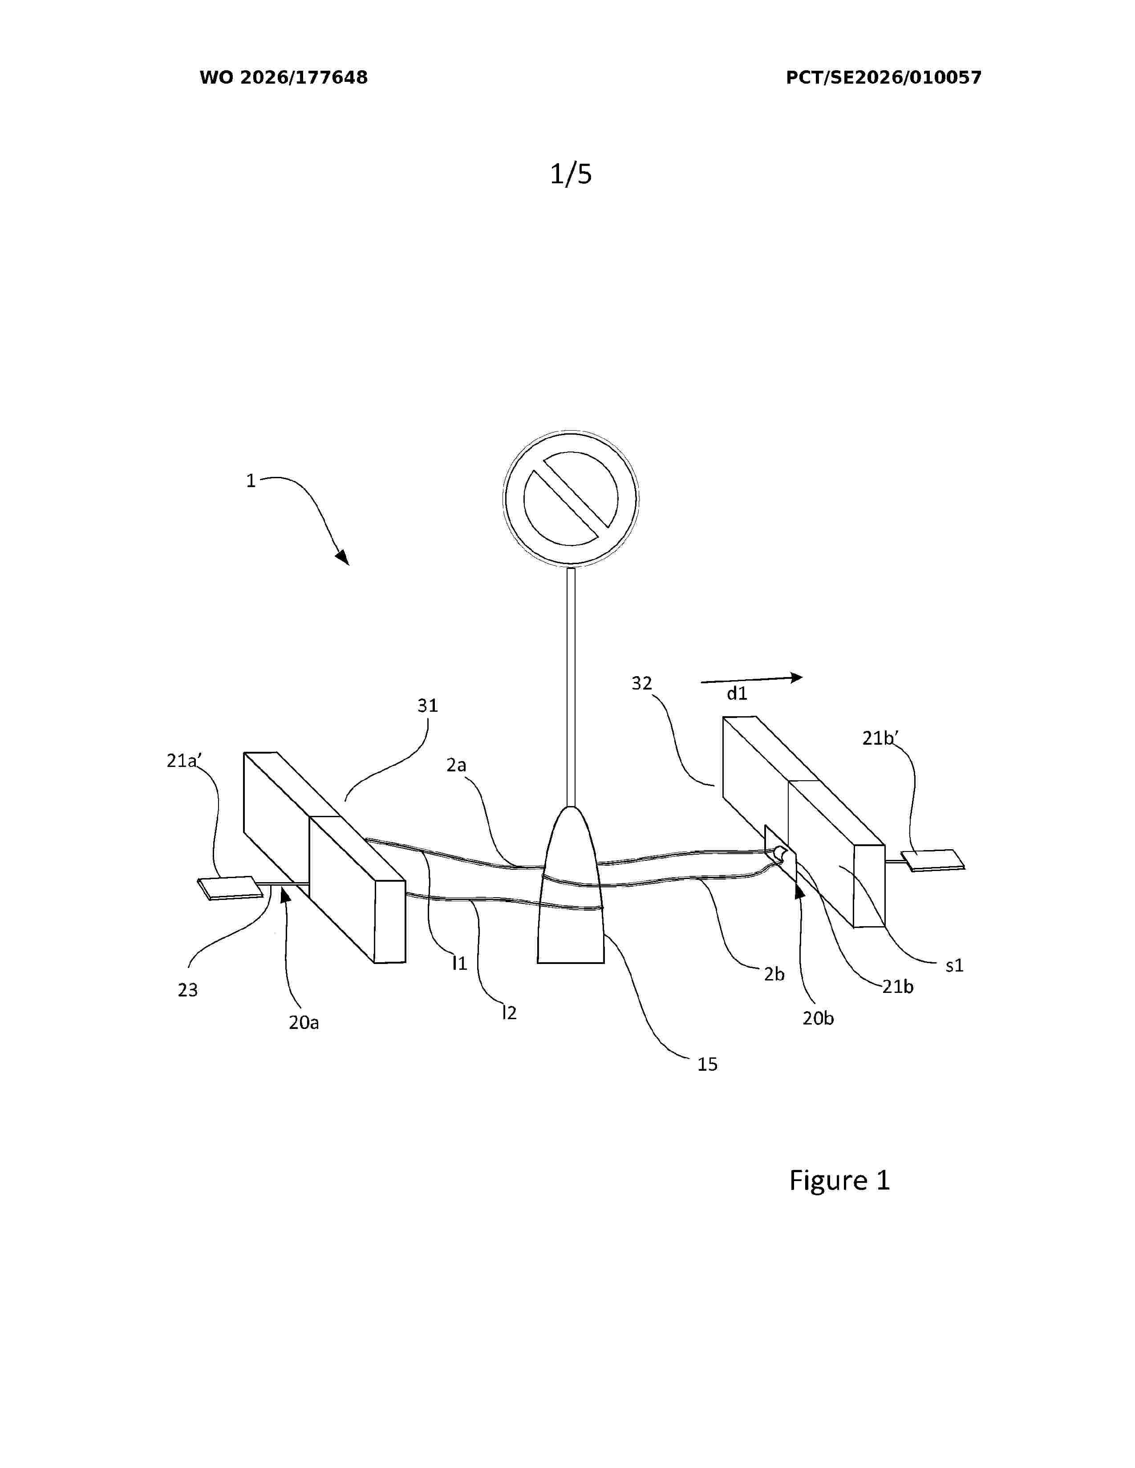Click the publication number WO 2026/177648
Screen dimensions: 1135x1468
pyautogui.click(x=284, y=77)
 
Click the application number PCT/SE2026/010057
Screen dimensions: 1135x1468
pyautogui.click(x=884, y=77)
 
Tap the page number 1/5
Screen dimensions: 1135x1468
pyautogui.click(x=571, y=174)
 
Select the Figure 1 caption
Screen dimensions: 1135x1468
pyautogui.click(x=839, y=1180)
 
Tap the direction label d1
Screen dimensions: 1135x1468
pyautogui.click(x=737, y=693)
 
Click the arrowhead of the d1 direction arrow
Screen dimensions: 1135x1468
pyautogui.click(x=796, y=677)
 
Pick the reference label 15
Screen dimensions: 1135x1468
pyautogui.click(x=707, y=1064)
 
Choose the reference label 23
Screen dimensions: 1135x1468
pyautogui.click(x=187, y=990)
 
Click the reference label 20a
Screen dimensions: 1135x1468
pyautogui.click(x=304, y=1022)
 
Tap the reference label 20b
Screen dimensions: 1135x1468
pyautogui.click(x=818, y=1018)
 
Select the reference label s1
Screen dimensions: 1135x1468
pyautogui.click(x=955, y=966)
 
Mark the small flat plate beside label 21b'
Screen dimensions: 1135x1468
pyautogui.click(x=933, y=860)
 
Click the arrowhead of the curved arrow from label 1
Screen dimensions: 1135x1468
pyautogui.click(x=343, y=558)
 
